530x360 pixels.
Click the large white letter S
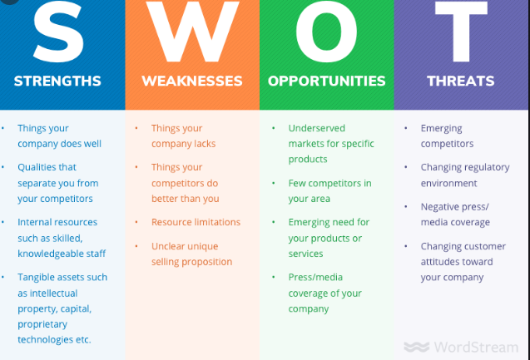tap(58, 32)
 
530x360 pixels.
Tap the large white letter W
tap(192, 32)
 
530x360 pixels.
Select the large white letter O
tap(326, 32)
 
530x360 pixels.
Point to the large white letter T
tap(461, 32)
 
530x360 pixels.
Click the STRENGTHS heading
tap(57, 81)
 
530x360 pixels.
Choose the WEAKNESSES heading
tap(192, 81)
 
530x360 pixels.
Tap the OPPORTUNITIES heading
tap(326, 81)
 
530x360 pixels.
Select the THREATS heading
tap(461, 81)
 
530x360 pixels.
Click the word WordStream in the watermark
tap(476, 348)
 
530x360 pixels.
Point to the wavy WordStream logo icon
tap(416, 348)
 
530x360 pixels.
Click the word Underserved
tap(317, 128)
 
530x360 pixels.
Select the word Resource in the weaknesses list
tap(170, 222)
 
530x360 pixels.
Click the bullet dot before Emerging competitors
tap(406, 128)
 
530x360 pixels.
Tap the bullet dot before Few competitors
tap(273, 183)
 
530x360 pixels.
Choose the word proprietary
tap(42, 324)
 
